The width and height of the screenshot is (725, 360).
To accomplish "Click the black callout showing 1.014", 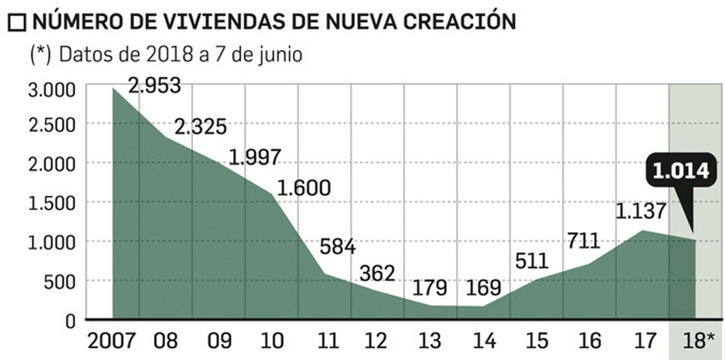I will pos(681,171).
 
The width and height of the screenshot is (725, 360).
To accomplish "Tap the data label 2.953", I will pos(154,85).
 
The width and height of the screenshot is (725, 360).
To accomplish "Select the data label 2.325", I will pos(200,127).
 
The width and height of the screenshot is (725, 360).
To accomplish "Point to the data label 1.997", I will pos(255,157).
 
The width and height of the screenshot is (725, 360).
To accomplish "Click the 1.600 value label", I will pos(304,188).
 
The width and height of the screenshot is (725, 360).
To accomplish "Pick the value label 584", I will pos(338,247).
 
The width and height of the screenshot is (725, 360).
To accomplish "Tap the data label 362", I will pos(377,273).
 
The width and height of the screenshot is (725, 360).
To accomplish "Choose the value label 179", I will pos(430,287).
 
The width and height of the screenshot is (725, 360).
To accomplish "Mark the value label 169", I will pos(483,287).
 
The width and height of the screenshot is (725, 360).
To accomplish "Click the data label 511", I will pos(532,261).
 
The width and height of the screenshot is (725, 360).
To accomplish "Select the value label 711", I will pos(584,241).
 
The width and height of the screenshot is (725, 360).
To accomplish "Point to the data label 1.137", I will pos(641,211).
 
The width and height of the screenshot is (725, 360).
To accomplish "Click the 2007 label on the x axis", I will pos(111,341).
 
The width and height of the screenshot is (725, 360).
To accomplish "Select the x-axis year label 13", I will pos(430,341).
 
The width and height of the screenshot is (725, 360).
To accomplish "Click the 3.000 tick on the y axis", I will pos(52,90).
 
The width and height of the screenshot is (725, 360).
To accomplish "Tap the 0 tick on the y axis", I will pos(70,321).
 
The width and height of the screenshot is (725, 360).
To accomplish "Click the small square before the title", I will pos(17,23).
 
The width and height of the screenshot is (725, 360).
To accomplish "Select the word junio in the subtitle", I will pos(280,55).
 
